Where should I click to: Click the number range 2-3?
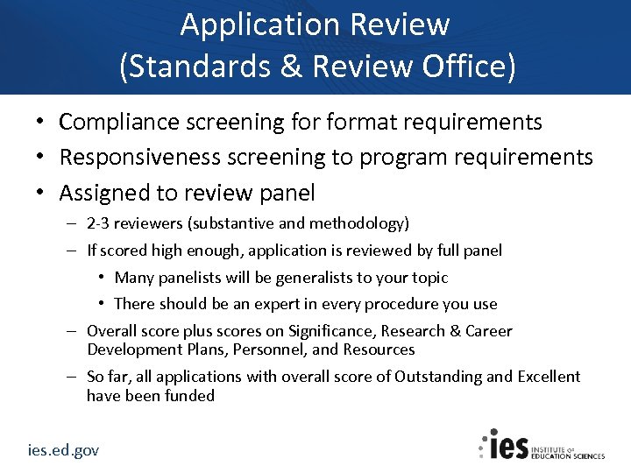click(98, 224)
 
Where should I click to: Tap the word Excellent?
click(548, 377)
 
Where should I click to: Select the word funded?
click(189, 396)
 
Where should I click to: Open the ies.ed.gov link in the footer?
click(62, 450)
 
